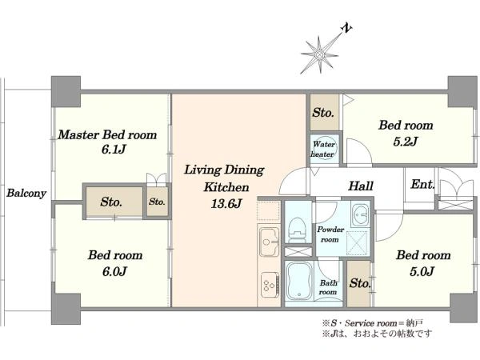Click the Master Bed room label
click(107, 134)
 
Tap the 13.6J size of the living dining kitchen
click(226, 204)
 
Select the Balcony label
click(26, 193)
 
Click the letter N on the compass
click(346, 28)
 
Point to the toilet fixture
click(296, 230)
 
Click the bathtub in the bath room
click(299, 282)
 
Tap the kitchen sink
click(269, 242)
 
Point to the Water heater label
click(323, 149)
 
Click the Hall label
click(361, 186)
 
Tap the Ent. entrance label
click(422, 184)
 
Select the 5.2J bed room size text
click(406, 142)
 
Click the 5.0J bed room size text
click(422, 271)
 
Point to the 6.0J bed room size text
click(114, 271)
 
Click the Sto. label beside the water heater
click(323, 113)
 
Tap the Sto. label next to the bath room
click(360, 283)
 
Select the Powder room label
click(330, 234)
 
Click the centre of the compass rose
click(320, 54)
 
